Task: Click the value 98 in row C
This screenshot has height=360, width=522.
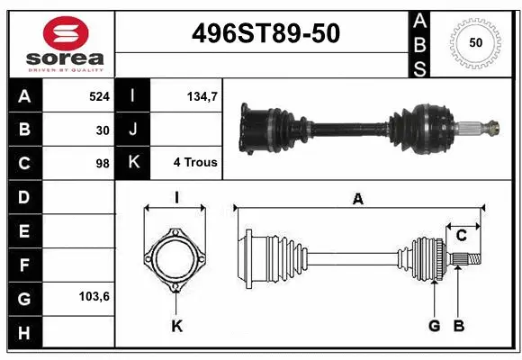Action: [x=103, y=163]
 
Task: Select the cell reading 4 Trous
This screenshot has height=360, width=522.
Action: [x=195, y=163]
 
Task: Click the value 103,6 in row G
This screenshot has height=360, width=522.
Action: [x=94, y=295]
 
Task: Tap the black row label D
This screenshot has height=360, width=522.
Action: [x=23, y=197]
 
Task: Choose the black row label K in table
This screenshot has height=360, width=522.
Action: [x=133, y=163]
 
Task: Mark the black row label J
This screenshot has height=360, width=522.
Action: [x=133, y=129]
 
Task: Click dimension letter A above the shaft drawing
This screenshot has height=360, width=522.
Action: [x=357, y=199]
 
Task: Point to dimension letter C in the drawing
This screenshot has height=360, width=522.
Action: [x=461, y=236]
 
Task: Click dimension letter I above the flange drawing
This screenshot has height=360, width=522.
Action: [x=176, y=198]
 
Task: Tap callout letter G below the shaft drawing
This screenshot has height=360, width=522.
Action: [x=434, y=326]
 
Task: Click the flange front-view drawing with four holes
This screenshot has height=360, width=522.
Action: [x=176, y=261]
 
